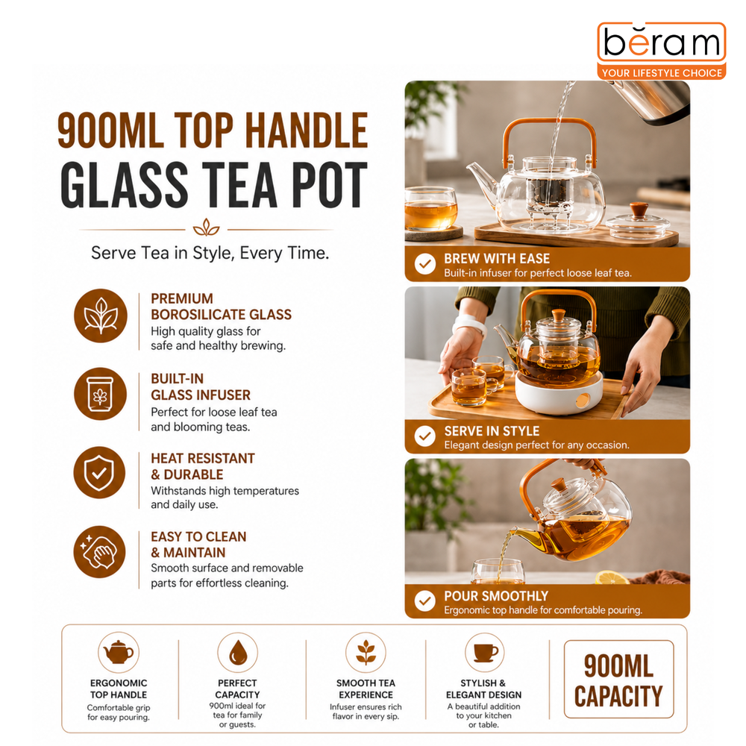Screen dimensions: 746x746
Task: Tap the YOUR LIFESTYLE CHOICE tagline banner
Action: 662,73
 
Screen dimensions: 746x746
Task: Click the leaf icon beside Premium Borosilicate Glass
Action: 101,316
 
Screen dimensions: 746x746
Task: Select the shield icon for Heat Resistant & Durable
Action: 99,472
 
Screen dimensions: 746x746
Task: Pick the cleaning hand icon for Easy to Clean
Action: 99,552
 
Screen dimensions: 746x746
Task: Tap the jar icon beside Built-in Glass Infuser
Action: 101,394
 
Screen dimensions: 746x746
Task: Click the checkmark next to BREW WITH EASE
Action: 425,263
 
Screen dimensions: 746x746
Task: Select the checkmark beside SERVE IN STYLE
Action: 425,436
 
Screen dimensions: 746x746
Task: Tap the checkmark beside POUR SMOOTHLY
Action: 425,601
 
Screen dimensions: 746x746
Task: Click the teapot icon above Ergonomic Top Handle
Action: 119,652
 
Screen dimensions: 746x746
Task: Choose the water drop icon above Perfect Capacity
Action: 238,652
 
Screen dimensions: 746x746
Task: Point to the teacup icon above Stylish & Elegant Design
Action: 484,652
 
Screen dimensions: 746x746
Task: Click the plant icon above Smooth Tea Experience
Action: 366,652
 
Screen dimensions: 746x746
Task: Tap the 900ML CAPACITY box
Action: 618,679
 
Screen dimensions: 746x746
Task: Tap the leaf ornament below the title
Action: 206,228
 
